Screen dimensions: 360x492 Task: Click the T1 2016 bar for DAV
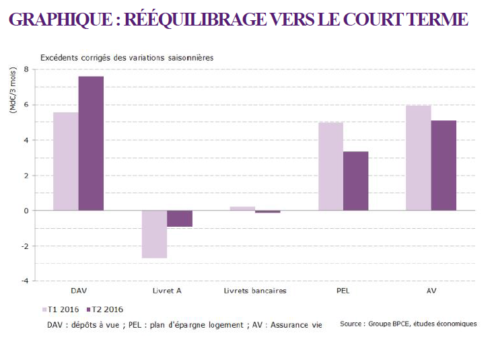[65, 161]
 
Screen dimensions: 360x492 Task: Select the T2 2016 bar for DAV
[91, 143]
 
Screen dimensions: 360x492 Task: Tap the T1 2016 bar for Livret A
[154, 234]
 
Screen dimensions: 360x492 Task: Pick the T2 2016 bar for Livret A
[180, 219]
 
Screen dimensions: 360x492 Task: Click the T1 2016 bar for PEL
[330, 166]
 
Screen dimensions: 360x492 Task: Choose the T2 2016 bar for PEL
[355, 181]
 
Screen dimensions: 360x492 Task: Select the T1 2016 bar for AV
[419, 158]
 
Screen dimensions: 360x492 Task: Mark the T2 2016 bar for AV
[444, 166]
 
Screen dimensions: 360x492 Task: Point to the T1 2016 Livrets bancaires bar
[242, 209]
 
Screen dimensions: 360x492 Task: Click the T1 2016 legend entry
[61, 310]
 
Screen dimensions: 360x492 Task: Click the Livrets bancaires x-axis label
[255, 291]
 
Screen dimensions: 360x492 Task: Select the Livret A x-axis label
[166, 291]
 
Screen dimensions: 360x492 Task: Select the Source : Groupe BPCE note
[408, 324]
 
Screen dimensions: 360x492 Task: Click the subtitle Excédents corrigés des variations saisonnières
[127, 58]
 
